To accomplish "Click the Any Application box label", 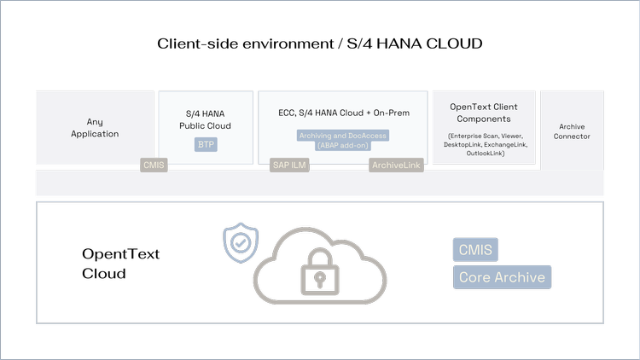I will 96,128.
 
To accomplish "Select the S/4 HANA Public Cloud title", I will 207,119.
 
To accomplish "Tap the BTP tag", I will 207,145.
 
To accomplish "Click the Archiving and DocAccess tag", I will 342,135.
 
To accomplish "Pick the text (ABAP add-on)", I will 342,145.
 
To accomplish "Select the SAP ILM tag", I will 288,165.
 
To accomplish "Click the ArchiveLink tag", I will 397,165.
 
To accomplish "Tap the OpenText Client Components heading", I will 484,113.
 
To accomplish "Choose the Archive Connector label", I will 572,131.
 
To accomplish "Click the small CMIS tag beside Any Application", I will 154,165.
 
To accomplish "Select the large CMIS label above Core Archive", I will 475,250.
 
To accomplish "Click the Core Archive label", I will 501,277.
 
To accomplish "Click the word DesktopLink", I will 462,145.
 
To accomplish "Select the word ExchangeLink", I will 506,145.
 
